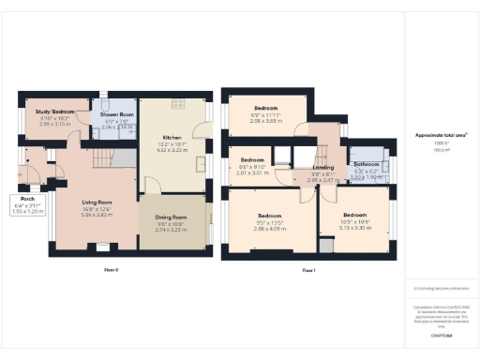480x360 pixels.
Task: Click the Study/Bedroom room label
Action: point(43,112)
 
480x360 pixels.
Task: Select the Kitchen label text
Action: point(172,138)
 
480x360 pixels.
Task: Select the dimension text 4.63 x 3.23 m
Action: point(172,149)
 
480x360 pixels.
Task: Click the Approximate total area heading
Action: point(441,135)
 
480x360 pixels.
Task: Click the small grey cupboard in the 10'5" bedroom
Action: point(325,246)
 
